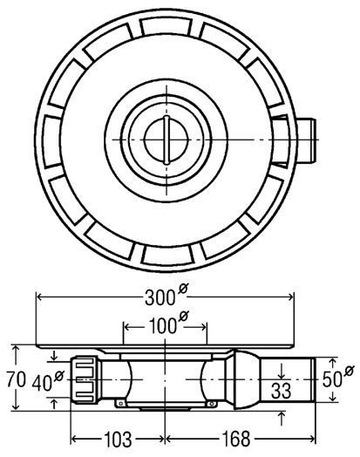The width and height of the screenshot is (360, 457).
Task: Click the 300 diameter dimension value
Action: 160,298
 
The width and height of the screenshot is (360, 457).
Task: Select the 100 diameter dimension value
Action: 162,326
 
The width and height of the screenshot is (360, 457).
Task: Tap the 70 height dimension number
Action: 17,379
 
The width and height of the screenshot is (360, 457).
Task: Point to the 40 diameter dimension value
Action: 42,383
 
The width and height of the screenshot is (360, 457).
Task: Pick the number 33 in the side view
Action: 281,391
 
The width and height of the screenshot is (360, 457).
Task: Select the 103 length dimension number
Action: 118,440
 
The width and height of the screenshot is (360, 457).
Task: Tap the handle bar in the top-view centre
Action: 166,140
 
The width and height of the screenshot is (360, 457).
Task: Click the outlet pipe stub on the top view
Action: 306,140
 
